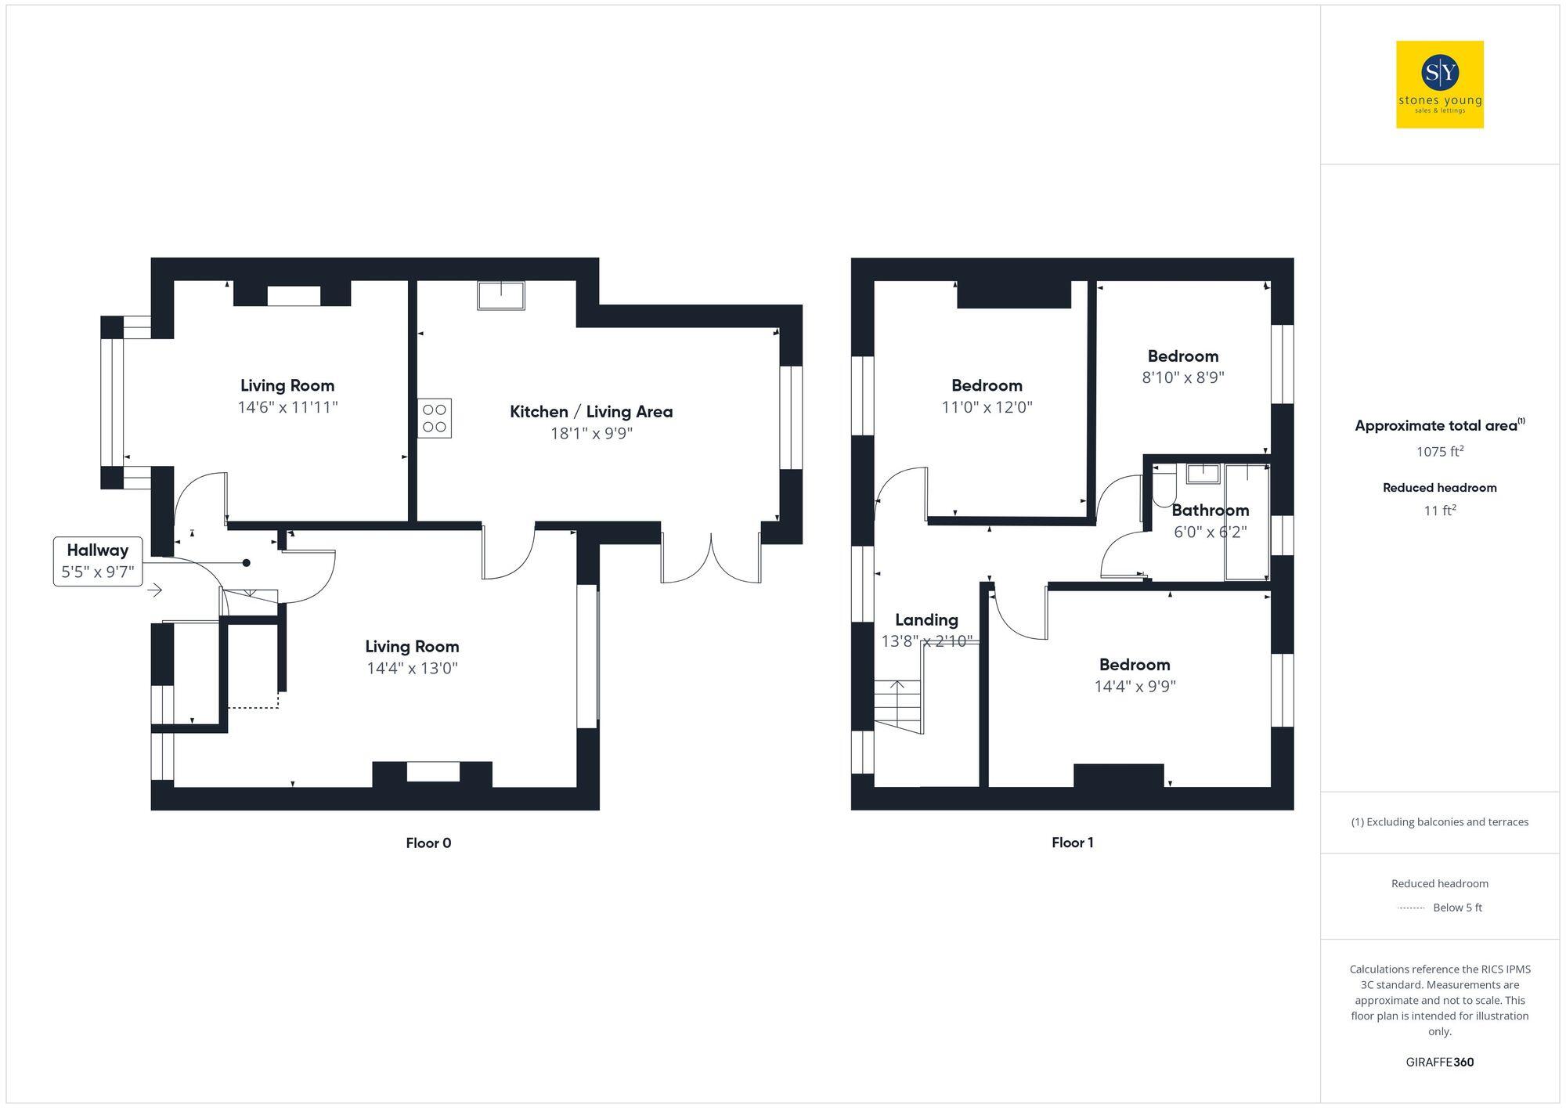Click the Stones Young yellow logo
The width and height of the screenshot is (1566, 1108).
tap(1439, 85)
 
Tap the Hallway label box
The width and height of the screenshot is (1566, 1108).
tap(98, 561)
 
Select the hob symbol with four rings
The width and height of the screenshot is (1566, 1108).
tap(434, 418)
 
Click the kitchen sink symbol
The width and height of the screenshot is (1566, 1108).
tap(501, 296)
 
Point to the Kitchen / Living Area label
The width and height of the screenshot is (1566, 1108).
tap(591, 412)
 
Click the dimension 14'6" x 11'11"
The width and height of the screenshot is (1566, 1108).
tap(287, 407)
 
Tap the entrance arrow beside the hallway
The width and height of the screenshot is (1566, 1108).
tap(154, 590)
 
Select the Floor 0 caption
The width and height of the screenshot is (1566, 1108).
tap(428, 843)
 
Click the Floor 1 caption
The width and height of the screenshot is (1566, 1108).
tap(1072, 843)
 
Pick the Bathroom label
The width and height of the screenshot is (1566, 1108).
tap(1210, 511)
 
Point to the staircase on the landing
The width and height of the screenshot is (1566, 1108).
tap(898, 705)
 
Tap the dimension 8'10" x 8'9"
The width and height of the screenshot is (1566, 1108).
tap(1182, 377)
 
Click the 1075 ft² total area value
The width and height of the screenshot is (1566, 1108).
tap(1439, 452)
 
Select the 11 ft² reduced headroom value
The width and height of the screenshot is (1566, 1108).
tap(1439, 511)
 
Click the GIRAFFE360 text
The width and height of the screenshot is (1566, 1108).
tap(1439, 1062)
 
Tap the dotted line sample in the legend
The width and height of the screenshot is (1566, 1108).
tap(1410, 908)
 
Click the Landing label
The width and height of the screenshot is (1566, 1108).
tap(926, 620)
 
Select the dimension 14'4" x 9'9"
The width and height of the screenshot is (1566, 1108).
tap(1135, 687)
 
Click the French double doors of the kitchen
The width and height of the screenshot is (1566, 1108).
tap(711, 558)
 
